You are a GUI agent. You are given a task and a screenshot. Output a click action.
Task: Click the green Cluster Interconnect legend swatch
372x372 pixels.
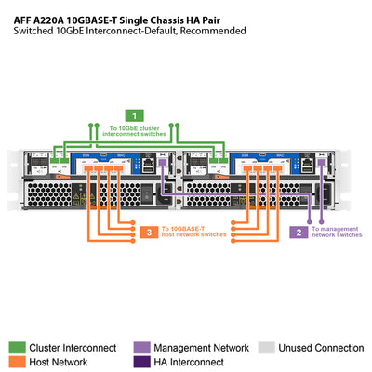(18, 347)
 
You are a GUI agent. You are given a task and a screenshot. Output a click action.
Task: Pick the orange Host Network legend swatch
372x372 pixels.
(18, 362)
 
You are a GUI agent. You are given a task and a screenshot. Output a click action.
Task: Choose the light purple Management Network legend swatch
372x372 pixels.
(142, 347)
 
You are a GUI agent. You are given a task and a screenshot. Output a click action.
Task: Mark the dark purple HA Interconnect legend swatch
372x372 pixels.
(142, 362)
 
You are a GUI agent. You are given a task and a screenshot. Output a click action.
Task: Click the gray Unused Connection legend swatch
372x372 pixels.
(266, 347)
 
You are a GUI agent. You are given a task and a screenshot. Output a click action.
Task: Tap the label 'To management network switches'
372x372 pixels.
(337, 232)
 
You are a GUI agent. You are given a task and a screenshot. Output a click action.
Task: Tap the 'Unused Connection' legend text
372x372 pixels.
(321, 348)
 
